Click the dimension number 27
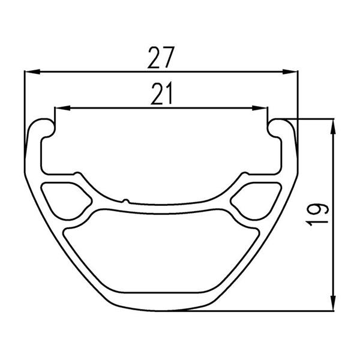click(x=161, y=59)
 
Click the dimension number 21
click(x=161, y=94)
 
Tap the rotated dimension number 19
click(x=317, y=214)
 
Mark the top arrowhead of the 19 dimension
click(x=332, y=122)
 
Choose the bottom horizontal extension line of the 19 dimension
click(x=264, y=310)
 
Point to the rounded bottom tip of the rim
click(x=161, y=307)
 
